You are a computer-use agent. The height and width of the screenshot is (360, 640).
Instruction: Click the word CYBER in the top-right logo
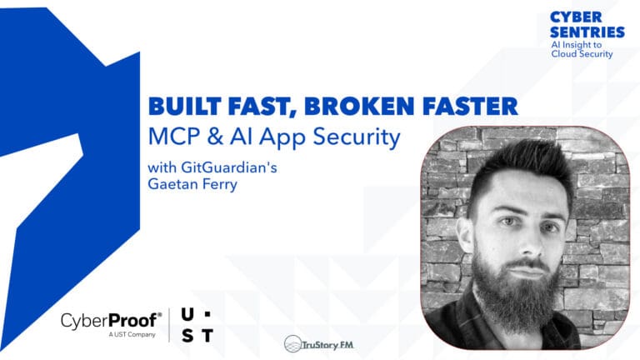tap(575, 17)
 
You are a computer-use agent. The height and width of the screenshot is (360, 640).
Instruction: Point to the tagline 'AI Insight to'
tap(581, 44)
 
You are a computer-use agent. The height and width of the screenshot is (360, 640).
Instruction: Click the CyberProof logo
tap(110, 321)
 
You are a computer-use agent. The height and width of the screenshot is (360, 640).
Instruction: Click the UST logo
tap(197, 325)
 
